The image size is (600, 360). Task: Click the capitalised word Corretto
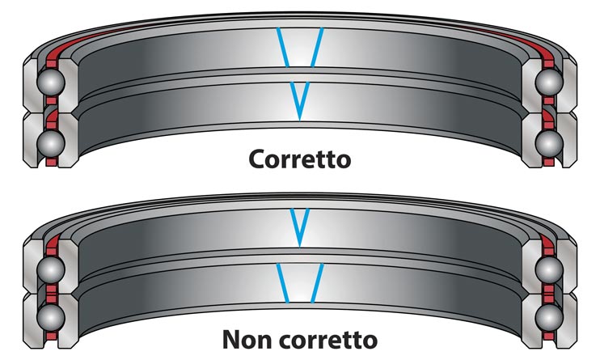300,159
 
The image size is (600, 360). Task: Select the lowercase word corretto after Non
328,340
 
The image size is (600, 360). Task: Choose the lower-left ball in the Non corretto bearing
51,317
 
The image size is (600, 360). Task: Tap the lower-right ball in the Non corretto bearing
549,317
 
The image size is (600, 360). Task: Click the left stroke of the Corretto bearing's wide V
282,48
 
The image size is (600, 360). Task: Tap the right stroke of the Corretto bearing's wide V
317,48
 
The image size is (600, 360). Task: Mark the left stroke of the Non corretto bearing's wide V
282,283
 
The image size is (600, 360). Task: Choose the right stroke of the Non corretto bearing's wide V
317,283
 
